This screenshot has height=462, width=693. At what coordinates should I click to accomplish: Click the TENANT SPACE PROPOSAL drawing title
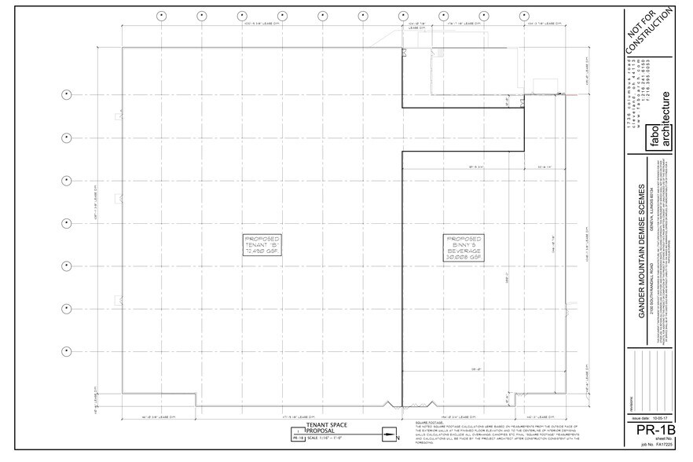pyautogui.click(x=326, y=427)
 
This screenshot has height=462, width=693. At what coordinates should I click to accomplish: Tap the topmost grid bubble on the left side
pyautogui.click(x=67, y=95)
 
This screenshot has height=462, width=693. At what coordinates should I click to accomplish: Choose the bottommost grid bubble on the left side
pyautogui.click(x=67, y=350)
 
